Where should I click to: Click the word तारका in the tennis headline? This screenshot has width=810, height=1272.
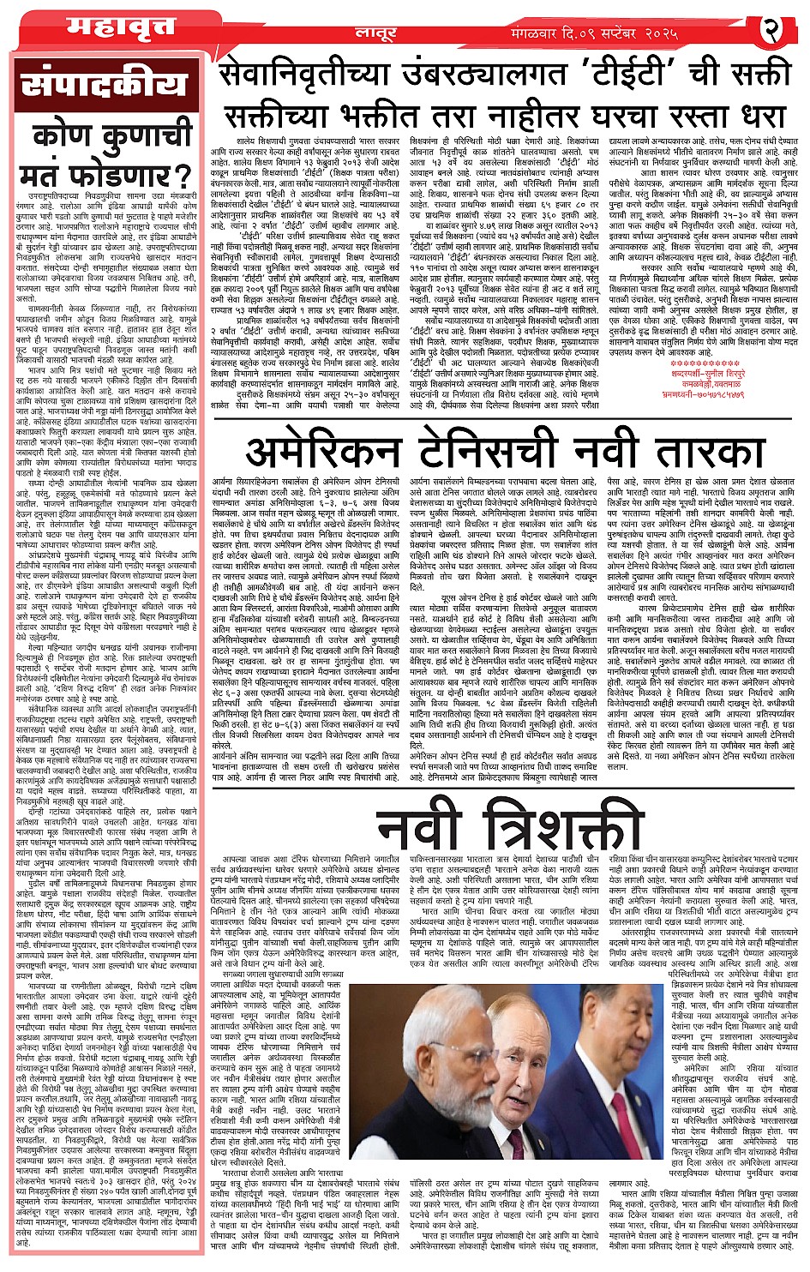pos(702,451)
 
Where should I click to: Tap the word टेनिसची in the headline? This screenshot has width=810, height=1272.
pos(490,451)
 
